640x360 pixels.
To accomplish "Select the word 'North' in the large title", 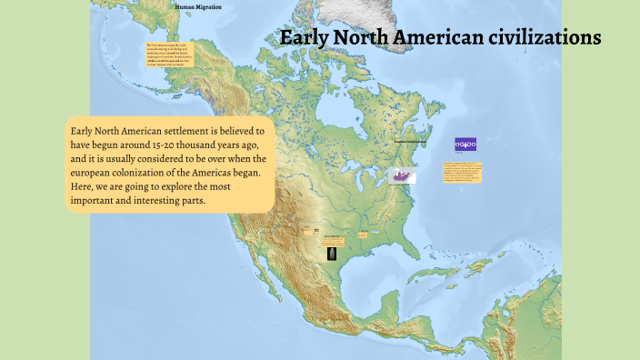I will [x=365, y=37].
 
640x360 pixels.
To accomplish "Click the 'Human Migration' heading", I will [x=197, y=7].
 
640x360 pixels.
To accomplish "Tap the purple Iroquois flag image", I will [x=465, y=145].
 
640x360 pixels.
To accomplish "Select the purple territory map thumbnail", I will [x=402, y=175].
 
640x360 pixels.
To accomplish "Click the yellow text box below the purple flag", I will [x=463, y=172].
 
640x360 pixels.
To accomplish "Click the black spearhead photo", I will [x=333, y=254].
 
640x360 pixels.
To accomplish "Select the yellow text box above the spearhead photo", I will [x=333, y=240].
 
